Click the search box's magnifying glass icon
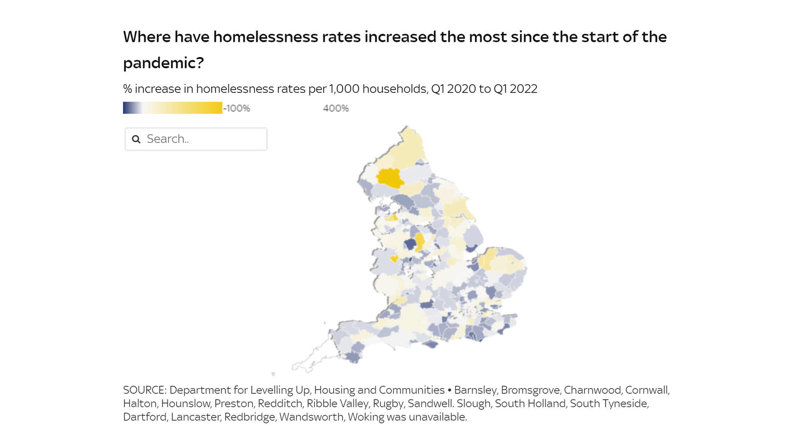tap(136, 139)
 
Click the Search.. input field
tap(202, 139)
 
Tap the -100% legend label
tap(237, 108)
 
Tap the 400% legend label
tap(336, 108)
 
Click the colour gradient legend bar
tap(173, 107)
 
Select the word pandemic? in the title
tap(163, 63)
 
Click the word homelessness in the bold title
tap(287, 37)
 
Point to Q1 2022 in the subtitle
tap(515, 89)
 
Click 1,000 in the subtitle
tap(344, 89)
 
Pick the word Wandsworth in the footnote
tap(311, 417)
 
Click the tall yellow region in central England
tap(419, 241)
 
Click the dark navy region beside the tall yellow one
tap(410, 244)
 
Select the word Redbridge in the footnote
tap(249, 417)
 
